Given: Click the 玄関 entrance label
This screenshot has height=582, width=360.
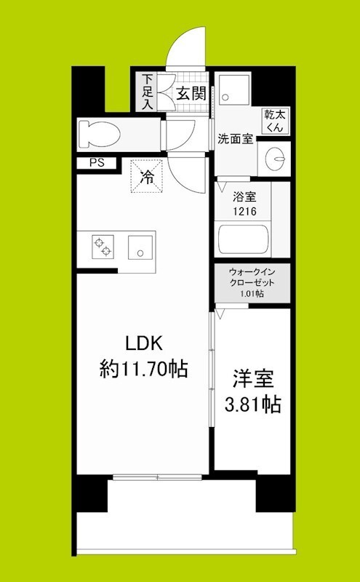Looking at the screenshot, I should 191,93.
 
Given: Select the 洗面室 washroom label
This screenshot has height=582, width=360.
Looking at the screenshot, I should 236,138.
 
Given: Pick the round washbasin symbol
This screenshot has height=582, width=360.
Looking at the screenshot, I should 276,156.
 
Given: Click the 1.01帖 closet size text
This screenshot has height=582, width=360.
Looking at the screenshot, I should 252,294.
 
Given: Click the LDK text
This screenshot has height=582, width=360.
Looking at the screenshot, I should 144,342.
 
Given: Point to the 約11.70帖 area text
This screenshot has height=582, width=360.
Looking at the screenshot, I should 143,370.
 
